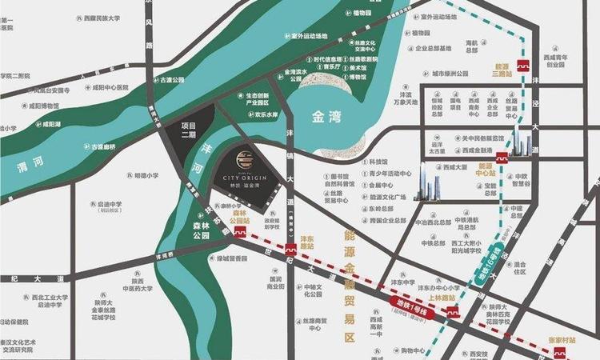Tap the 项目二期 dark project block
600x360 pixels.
(189, 130)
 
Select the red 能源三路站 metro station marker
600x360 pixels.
(524, 66)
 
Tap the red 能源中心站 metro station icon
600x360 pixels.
(502, 158)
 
